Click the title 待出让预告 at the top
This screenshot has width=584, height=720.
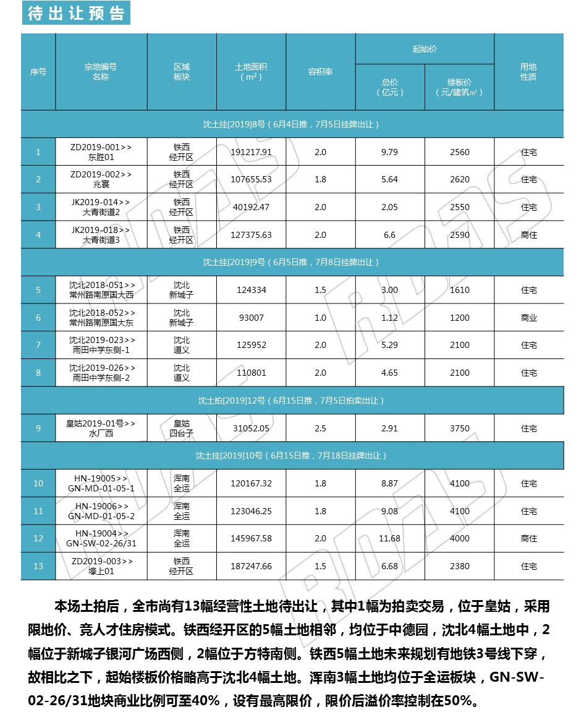[76, 14]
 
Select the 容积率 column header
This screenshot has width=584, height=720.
[320, 72]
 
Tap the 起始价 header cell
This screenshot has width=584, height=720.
[425, 49]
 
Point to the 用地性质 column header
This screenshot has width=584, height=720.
[528, 72]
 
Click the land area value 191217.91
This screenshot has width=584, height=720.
[251, 152]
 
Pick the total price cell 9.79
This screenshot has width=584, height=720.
[389, 152]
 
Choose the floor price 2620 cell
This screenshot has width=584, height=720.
[459, 179]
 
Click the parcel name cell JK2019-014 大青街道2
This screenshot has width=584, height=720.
[101, 207]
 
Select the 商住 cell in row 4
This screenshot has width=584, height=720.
[528, 235]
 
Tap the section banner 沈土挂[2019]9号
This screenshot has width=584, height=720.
[292, 262]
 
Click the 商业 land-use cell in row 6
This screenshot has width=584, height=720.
[528, 318]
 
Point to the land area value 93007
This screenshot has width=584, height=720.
[251, 318]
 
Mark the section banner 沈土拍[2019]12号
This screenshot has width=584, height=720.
[292, 400]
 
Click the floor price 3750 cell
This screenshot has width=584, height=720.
[459, 428]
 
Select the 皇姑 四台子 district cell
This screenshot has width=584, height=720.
[182, 428]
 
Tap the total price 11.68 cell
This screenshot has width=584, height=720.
[389, 538]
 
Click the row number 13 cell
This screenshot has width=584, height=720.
[38, 566]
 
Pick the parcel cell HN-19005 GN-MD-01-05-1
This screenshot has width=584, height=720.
[101, 483]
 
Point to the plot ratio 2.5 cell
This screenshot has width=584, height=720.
[320, 428]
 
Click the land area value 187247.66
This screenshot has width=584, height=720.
[251, 566]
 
